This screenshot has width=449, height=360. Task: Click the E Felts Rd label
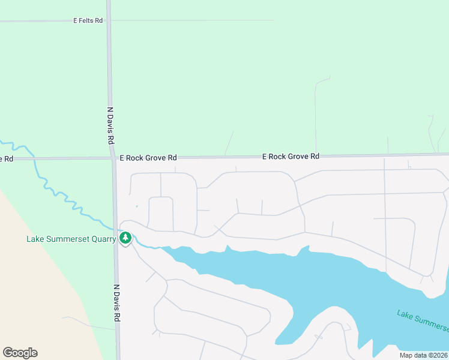88,20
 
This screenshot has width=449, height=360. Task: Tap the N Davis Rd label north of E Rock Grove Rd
110,125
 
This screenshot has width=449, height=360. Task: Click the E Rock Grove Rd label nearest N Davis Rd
148,158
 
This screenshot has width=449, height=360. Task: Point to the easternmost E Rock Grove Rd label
291,156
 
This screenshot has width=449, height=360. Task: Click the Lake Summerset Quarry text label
71,239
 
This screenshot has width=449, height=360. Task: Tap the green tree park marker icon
125,238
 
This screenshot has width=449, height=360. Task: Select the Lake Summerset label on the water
423,321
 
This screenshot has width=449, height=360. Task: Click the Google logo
20,353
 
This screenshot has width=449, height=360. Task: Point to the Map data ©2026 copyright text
424,355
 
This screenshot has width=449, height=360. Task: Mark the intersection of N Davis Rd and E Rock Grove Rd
113,158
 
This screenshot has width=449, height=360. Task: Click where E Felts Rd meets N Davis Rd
108,20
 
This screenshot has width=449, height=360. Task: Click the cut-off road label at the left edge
6,159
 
